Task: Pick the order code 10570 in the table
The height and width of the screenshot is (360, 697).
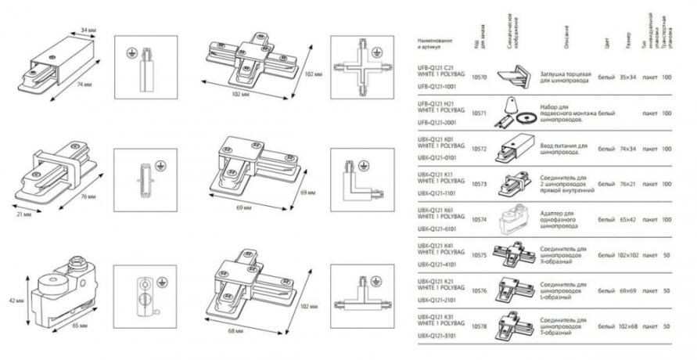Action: point(480,78)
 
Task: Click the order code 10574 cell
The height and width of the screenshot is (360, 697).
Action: point(480,218)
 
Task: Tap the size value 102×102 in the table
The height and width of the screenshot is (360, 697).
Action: point(628,256)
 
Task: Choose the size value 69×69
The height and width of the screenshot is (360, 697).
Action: point(628,290)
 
